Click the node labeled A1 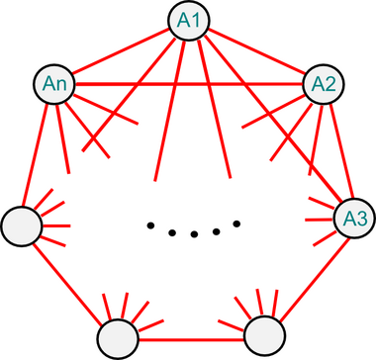(187, 21)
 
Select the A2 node (321, 83)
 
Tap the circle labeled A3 (353, 217)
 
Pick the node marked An (55, 83)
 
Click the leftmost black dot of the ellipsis (150, 225)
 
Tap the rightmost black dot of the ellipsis (237, 224)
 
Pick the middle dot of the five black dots (194, 234)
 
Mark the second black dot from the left (171, 232)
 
